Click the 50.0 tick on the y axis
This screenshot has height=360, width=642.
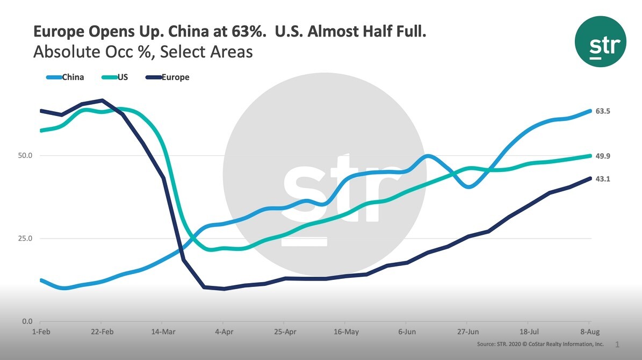[x=25, y=156]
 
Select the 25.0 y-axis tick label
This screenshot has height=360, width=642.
[x=25, y=239]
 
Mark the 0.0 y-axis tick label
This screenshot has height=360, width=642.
[x=27, y=321]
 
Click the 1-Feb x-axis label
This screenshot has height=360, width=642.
[x=41, y=332]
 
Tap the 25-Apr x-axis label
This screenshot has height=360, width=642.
[x=285, y=332]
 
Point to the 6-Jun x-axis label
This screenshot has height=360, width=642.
[x=407, y=332]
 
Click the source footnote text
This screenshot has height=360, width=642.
[x=540, y=344]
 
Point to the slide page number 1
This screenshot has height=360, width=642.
[x=617, y=344]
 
